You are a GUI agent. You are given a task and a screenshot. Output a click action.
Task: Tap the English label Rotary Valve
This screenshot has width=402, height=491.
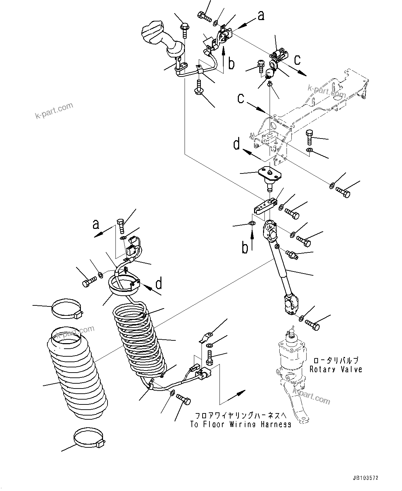[336, 369]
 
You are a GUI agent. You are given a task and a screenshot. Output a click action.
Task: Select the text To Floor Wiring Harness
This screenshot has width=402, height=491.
[241, 425]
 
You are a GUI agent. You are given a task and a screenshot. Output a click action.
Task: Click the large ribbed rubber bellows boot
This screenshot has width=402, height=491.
[75, 376]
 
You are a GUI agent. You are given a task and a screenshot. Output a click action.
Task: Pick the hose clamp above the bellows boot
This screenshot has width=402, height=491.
[66, 309]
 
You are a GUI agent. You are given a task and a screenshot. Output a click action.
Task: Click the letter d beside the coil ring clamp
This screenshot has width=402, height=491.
[158, 284]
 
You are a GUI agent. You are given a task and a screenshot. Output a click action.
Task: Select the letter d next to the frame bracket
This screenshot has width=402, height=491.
[237, 144]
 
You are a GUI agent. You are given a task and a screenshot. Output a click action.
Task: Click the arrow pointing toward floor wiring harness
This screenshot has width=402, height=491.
[238, 394]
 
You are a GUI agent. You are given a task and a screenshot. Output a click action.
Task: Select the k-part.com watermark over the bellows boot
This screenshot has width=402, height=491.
[75, 333]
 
